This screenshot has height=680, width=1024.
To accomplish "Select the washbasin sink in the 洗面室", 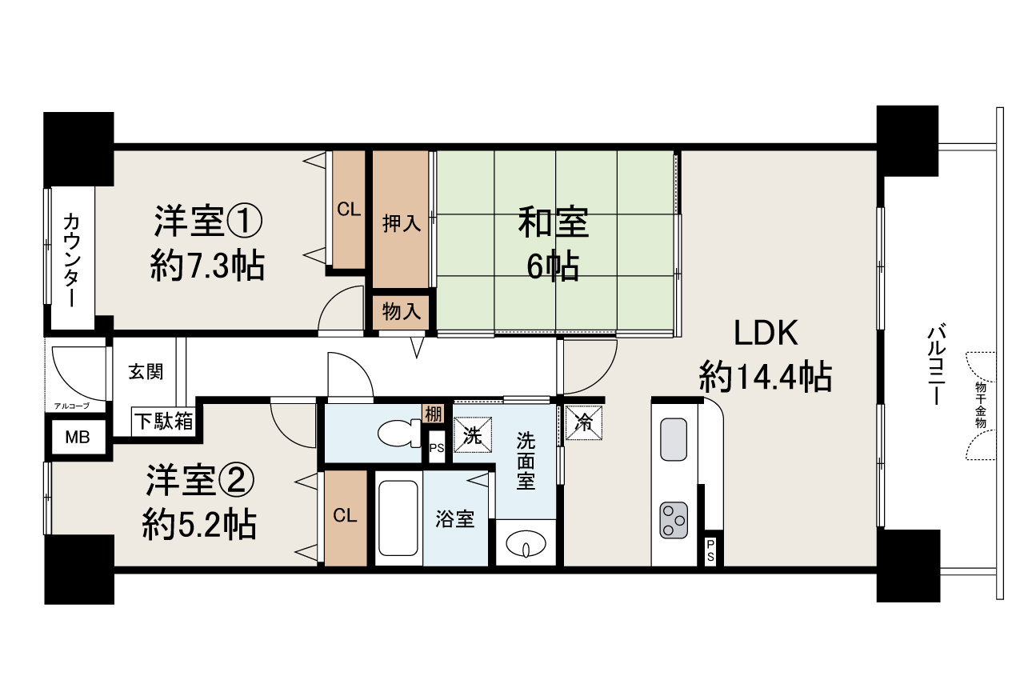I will click(x=526, y=543).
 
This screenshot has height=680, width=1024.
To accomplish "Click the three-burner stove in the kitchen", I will click(x=674, y=521).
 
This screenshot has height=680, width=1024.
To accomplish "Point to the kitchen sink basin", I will click(x=673, y=439).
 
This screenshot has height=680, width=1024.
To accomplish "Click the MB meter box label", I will click(x=78, y=438).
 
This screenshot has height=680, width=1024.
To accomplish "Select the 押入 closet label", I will click(x=402, y=223).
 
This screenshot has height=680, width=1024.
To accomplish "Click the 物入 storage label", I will click(x=402, y=312).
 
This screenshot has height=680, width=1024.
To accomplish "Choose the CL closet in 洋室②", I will click(x=346, y=516).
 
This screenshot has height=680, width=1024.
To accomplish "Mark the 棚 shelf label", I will click(x=433, y=414).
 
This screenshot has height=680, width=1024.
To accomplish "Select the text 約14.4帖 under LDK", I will click(x=765, y=377).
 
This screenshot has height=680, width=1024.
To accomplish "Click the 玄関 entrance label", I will click(x=146, y=371).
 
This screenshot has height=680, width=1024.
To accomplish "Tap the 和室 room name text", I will click(x=553, y=223).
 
